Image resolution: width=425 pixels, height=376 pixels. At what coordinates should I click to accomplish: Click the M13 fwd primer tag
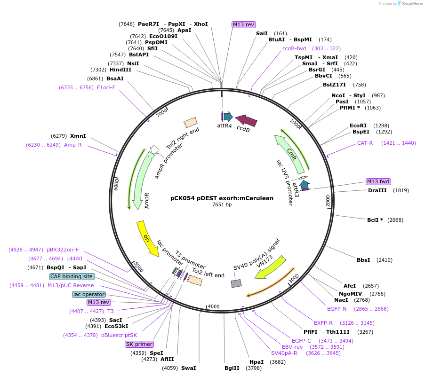[378, 182]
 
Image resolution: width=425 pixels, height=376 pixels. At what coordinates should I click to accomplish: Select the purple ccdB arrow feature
[246, 121]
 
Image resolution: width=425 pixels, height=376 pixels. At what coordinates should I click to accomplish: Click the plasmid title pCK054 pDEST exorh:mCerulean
[222, 198]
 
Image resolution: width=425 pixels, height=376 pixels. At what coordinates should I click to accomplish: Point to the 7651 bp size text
[222, 205]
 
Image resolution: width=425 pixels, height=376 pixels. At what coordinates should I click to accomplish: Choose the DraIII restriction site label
[377, 190]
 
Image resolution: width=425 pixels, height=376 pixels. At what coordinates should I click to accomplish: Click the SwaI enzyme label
[188, 368]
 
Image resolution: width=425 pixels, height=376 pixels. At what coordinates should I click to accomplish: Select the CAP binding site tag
[72, 277]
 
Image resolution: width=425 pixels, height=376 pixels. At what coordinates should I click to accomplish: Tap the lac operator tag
[89, 294]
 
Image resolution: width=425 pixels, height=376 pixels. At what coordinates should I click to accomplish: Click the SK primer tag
[139, 344]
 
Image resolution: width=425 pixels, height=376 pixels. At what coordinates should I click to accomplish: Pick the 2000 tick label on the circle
[328, 200]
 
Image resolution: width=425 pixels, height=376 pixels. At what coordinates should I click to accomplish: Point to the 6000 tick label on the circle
[116, 184]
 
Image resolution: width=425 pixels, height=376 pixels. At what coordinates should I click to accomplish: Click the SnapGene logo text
[411, 4]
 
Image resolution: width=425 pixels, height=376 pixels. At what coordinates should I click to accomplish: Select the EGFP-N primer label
[337, 309]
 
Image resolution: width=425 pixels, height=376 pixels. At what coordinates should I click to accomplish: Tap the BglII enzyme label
[232, 368]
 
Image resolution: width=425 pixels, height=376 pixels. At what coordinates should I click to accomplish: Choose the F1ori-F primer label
[106, 87]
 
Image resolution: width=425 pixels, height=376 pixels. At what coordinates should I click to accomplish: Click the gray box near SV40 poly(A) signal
[236, 283]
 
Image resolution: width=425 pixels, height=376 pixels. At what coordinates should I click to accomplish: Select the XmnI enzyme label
[78, 136]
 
